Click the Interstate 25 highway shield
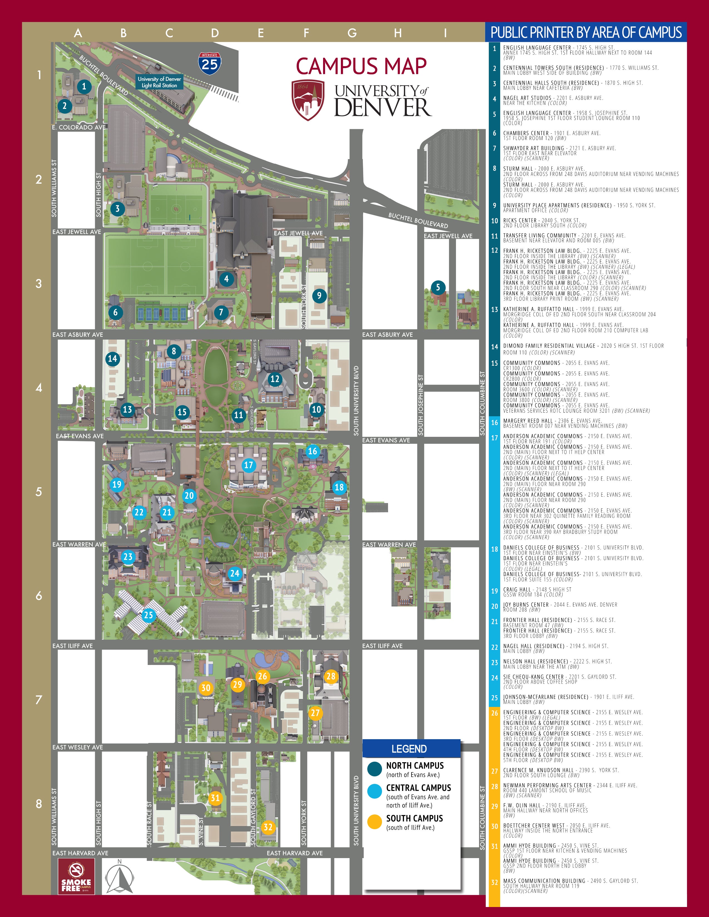tap(210, 63)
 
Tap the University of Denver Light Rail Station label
tap(159, 82)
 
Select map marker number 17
tap(249, 465)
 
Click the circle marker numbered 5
tap(438, 287)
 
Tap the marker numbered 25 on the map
tap(149, 615)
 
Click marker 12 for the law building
tap(275, 379)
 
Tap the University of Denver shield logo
tap(308, 100)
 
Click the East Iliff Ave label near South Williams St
tap(73, 646)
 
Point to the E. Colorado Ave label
tap(79, 127)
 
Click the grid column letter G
tap(352, 33)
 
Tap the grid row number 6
tap(39, 595)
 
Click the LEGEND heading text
tap(409, 749)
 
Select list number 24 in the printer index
tap(494, 678)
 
